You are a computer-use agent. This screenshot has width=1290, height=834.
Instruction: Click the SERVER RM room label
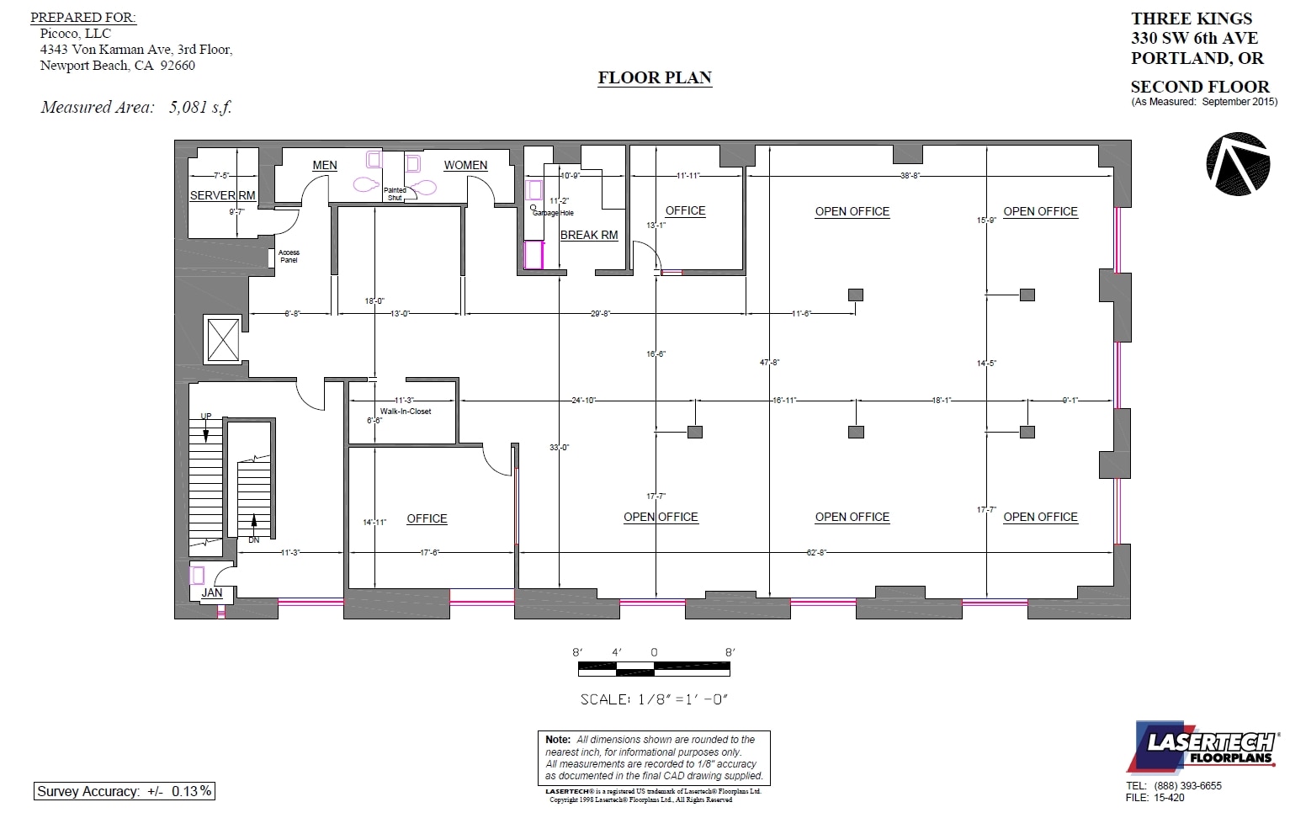[x=222, y=195]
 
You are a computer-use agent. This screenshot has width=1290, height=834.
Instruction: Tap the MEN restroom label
[x=325, y=165]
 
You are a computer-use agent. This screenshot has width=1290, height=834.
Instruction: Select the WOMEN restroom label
[x=465, y=165]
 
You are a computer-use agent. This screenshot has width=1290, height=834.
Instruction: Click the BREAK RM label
[x=589, y=235]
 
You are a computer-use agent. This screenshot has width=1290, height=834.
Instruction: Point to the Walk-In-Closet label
[x=406, y=412]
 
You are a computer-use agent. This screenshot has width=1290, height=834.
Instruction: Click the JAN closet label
[x=212, y=592]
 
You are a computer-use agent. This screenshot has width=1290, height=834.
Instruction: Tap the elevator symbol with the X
[x=224, y=340]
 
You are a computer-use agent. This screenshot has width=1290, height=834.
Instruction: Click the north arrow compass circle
[x=1238, y=164]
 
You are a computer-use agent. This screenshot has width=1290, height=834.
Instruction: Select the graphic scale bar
[x=654, y=669]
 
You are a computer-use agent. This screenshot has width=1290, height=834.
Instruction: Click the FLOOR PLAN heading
[x=655, y=77]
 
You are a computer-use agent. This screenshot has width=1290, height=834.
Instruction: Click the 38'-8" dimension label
[x=910, y=175]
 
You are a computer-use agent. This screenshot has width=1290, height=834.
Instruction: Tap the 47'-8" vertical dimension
[x=769, y=362]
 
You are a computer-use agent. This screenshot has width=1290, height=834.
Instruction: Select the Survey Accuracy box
[x=125, y=791]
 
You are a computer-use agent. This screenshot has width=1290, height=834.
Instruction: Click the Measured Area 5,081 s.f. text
[x=135, y=107]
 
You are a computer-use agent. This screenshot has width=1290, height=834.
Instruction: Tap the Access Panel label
[x=289, y=256]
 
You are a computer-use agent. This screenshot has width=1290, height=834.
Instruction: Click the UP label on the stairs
[x=206, y=416]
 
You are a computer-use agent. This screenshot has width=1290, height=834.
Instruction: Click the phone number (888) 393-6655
[x=1187, y=785]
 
